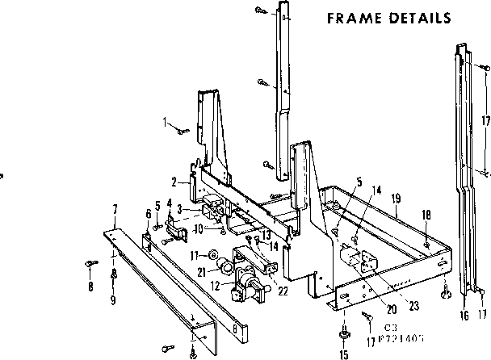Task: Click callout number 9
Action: tap(114, 300)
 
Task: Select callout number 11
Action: tap(194, 255)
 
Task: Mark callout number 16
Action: tap(464, 315)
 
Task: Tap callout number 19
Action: tap(396, 196)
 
